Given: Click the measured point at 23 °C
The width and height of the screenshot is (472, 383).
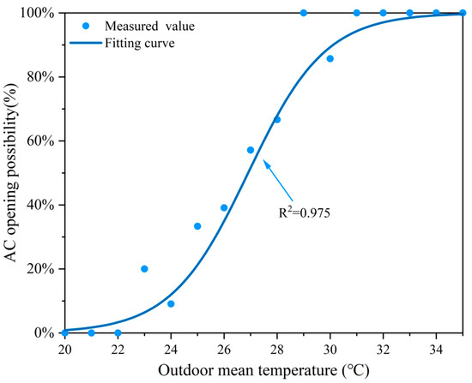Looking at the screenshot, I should click(x=144, y=269).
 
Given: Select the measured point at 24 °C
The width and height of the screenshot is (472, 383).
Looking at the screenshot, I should click(x=171, y=304).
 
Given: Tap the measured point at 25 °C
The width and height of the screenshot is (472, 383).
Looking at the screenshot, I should click(x=197, y=226).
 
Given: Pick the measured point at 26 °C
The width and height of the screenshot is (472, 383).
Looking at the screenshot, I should click(x=224, y=207).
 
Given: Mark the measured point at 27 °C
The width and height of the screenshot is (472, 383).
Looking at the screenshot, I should click(x=251, y=150).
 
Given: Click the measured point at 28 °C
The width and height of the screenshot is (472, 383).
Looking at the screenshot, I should click(x=277, y=119).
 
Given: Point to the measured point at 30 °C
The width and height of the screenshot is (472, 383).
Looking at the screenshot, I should click(x=330, y=58).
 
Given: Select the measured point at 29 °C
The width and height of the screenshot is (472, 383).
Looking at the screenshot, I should click(x=304, y=13).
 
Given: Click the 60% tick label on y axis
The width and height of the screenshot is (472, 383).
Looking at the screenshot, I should click(x=40, y=141).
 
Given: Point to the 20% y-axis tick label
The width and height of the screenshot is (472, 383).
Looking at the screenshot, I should click(x=40, y=269).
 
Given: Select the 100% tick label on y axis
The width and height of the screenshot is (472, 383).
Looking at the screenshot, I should click(x=37, y=14).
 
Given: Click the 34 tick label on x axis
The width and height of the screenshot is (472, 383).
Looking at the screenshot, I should click(x=436, y=349).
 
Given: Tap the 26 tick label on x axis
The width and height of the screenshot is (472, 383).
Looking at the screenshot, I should click(x=224, y=349).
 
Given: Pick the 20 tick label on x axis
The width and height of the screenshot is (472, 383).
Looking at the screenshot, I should click(x=65, y=349).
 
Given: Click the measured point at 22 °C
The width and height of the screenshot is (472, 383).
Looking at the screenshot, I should click(x=118, y=332).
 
